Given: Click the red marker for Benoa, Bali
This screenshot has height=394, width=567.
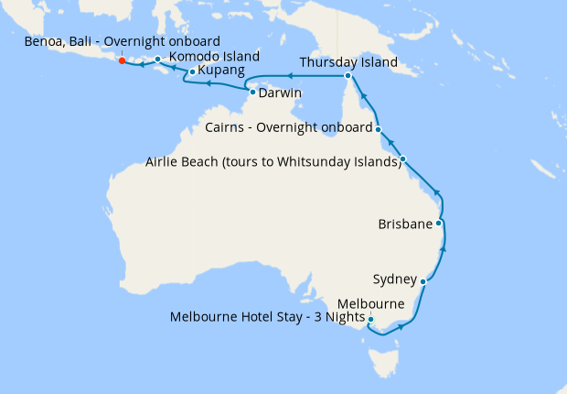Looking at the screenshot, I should (122, 61).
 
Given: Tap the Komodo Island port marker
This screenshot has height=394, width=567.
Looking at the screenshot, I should (158, 60).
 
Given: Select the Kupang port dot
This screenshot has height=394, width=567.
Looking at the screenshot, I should (191, 71).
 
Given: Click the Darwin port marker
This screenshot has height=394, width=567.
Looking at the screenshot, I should (252, 92).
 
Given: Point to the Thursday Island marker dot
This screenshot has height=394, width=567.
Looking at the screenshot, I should (348, 76).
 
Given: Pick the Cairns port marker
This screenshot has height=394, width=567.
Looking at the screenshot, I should (378, 129).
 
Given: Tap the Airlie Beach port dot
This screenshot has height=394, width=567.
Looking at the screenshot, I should (403, 159).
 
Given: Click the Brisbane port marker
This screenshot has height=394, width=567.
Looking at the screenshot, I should (440, 223).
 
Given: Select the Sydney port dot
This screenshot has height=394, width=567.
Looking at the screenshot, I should (423, 282).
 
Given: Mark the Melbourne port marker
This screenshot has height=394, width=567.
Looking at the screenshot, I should (370, 320).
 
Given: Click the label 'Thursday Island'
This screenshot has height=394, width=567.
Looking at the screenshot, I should (349, 63).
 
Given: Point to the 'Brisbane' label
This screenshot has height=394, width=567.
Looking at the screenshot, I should (405, 224).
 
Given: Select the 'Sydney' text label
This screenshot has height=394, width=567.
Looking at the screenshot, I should (395, 279).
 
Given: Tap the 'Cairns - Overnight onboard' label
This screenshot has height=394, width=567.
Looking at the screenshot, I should (289, 127).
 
